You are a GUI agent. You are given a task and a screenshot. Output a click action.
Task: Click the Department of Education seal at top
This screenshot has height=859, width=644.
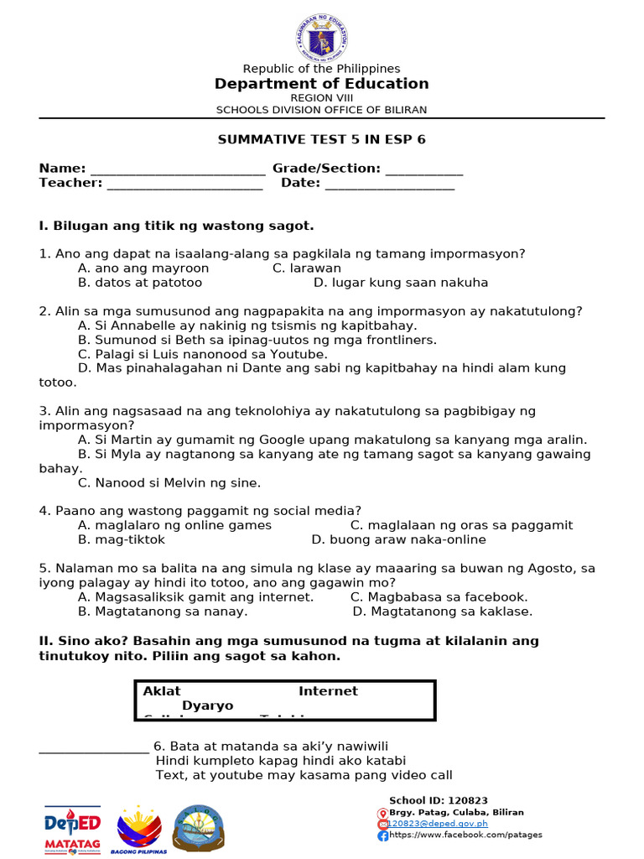(x=322, y=36)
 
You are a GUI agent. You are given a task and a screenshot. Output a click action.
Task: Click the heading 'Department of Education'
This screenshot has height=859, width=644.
(x=322, y=84)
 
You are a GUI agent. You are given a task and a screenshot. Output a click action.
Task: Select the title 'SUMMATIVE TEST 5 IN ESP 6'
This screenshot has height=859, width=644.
(x=322, y=139)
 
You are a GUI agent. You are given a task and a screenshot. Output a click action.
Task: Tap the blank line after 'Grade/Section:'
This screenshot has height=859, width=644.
(x=423, y=170)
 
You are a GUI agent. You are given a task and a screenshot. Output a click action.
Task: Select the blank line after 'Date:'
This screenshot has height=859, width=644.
(x=389, y=185)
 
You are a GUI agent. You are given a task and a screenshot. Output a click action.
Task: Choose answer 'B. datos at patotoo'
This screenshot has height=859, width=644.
(x=140, y=283)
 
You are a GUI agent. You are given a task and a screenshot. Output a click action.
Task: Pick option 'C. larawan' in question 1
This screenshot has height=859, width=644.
(x=307, y=268)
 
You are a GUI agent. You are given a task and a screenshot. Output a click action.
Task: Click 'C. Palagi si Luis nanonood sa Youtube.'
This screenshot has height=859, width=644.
(x=202, y=354)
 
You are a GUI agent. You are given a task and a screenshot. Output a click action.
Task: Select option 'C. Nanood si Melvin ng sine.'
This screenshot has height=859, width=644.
(x=169, y=482)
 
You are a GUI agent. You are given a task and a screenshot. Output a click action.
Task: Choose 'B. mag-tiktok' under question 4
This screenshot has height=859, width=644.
(x=122, y=539)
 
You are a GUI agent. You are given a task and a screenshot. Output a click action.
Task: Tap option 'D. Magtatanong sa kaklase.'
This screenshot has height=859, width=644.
(x=443, y=612)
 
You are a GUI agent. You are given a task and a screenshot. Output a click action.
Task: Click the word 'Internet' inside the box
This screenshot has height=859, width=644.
(x=328, y=691)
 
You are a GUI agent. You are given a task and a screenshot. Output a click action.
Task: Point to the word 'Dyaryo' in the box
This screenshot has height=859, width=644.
(x=208, y=706)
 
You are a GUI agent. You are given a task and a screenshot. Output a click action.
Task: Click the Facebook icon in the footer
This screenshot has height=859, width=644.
(x=382, y=836)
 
